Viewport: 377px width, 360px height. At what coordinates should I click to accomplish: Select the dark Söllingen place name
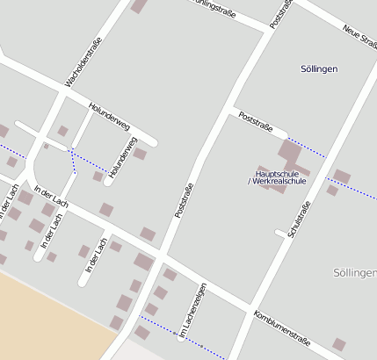coord(319,68)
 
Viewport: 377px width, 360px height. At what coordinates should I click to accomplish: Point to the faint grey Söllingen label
coord(355,273)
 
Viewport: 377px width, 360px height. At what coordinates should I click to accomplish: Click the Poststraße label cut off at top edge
coord(281,13)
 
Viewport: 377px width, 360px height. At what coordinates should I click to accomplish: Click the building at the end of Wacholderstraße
coord(138,6)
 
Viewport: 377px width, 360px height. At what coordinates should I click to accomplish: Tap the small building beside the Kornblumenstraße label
coord(338,343)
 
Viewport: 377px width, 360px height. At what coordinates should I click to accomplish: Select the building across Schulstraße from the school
coord(341,177)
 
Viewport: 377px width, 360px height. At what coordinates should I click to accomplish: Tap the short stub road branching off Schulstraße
coord(282,234)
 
